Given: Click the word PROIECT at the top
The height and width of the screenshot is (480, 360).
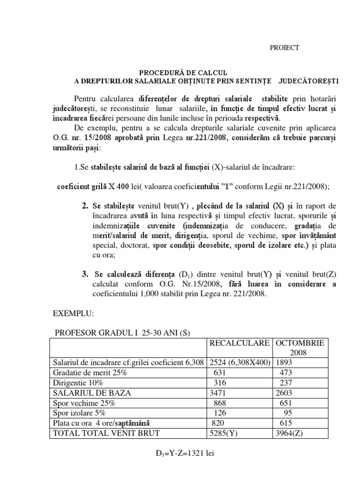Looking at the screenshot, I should (x=285, y=47).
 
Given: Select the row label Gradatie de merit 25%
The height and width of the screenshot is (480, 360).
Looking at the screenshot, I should (x=91, y=373).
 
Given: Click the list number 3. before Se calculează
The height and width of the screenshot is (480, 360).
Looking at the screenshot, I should (x=85, y=273).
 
